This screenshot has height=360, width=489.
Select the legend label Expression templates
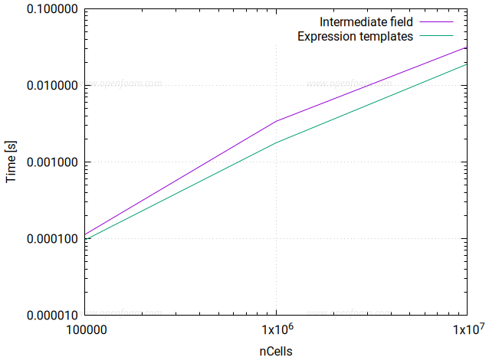click(356, 35)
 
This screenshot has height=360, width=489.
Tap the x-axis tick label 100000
click(85, 331)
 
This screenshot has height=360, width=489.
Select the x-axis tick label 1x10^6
click(276, 331)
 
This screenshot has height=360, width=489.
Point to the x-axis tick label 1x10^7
click(467, 331)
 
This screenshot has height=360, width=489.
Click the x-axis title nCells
click(276, 350)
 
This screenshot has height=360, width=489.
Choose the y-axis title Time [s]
click(11, 162)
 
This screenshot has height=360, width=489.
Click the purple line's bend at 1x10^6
click(276, 121)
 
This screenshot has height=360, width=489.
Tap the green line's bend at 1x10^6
click(276, 142)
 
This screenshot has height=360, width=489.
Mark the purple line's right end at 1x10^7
click(467, 47)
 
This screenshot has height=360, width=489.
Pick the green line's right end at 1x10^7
click(467, 64)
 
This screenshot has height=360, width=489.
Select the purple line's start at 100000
click(86, 234)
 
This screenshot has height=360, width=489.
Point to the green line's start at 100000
click(86, 240)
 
